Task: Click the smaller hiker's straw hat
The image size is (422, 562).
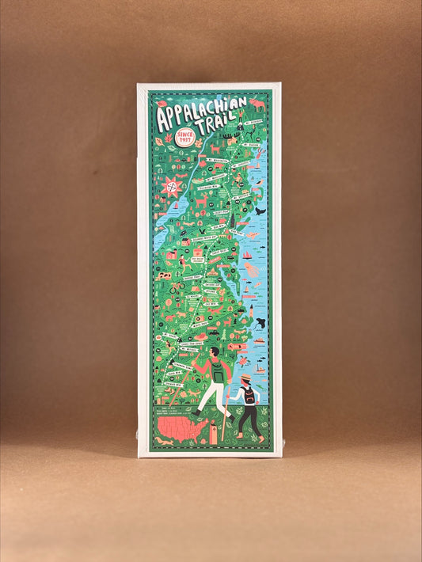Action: pyautogui.click(x=247, y=379)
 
